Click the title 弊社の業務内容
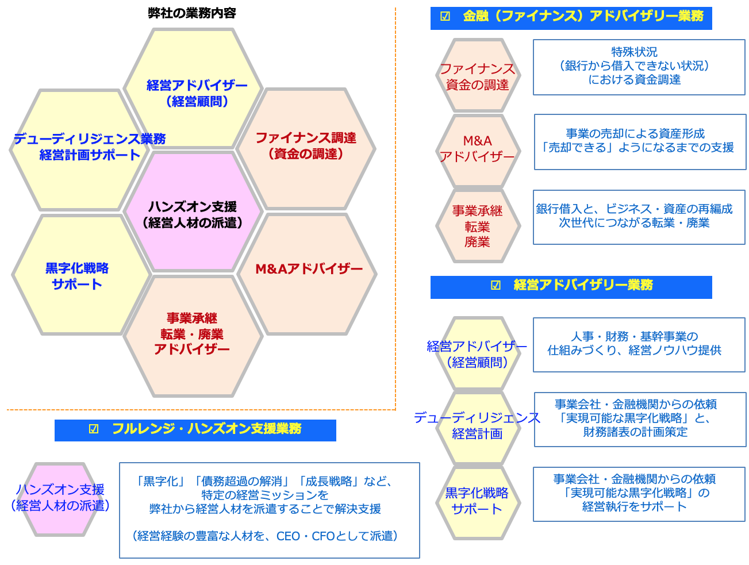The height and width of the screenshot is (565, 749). pyautogui.click(x=192, y=13)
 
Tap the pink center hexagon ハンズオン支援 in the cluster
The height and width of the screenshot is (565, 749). pyautogui.click(x=193, y=212)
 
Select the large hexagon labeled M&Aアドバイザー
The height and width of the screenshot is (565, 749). pyautogui.click(x=306, y=274)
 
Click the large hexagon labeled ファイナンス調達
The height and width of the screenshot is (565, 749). pyautogui.click(x=306, y=149)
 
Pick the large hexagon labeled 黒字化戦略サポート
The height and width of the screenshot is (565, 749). pyautogui.click(x=81, y=275)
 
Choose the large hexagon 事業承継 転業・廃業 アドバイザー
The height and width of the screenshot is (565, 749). pyautogui.click(x=193, y=336)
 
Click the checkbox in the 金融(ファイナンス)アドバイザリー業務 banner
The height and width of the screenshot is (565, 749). pyautogui.click(x=445, y=16)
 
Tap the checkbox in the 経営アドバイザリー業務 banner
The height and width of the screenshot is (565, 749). pyautogui.click(x=495, y=285)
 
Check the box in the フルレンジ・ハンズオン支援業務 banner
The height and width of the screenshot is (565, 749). pyautogui.click(x=94, y=429)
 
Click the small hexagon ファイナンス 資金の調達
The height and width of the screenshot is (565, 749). pyautogui.click(x=478, y=75)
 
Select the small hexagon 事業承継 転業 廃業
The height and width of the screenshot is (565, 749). pyautogui.click(x=478, y=225)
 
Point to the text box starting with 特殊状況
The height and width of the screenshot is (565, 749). pyautogui.click(x=639, y=67)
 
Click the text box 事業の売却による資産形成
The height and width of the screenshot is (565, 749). pyautogui.click(x=639, y=141)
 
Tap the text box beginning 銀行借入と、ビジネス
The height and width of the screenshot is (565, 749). pyautogui.click(x=639, y=217)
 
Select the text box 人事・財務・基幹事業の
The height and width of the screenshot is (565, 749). pyautogui.click(x=639, y=345)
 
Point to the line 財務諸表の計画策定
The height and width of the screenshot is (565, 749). pyautogui.click(x=635, y=432)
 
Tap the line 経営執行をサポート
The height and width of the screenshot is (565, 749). pyautogui.click(x=634, y=506)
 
